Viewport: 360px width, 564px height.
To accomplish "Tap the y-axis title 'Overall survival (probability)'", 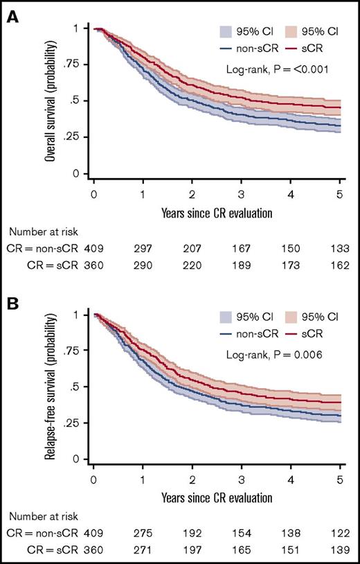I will click(51, 102).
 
